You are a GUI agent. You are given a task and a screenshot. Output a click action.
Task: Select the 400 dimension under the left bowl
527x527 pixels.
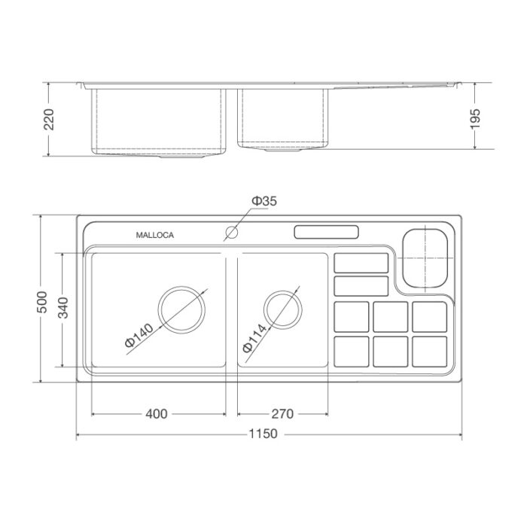pos(157,413)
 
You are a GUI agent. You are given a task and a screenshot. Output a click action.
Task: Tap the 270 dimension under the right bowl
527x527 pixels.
pos(282,413)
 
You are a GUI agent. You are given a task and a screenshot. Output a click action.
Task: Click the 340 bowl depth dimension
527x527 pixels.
pos(63,309)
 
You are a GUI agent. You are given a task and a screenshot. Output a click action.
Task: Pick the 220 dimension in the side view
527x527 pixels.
pos(50,118)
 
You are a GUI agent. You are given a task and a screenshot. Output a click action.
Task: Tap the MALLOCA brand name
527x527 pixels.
pos(154,235)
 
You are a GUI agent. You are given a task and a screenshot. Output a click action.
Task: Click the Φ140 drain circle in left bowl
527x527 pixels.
pos(181,309)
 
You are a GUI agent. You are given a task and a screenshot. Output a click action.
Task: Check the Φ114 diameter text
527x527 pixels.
pos(255,339)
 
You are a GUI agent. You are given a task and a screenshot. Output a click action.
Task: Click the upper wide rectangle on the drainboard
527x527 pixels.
pos(360,263)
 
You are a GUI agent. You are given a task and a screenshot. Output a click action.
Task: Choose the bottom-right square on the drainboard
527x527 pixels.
pos(430,352)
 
